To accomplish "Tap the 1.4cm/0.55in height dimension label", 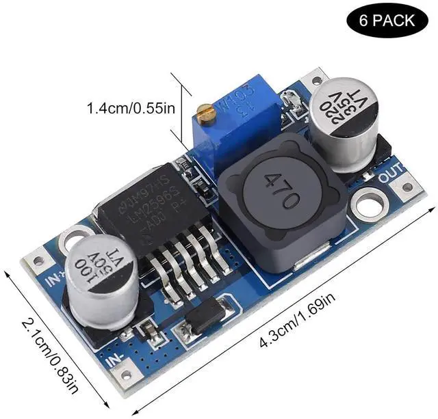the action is click(x=132, y=108).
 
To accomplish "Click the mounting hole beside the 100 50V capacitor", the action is click(x=70, y=239).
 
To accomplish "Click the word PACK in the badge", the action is click(x=401, y=21).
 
